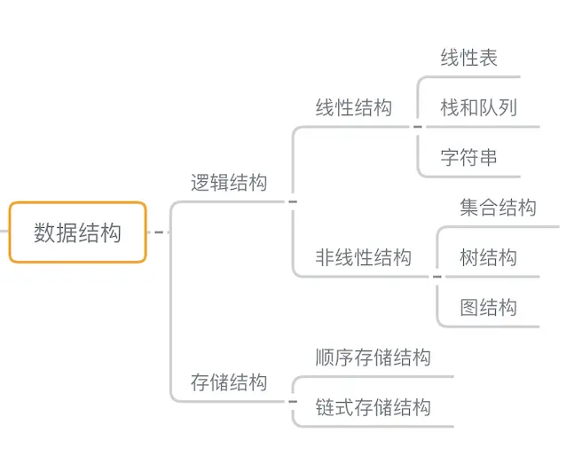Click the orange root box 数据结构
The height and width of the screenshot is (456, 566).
point(77,232)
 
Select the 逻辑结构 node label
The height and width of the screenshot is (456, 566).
point(229,183)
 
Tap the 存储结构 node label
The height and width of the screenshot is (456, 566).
point(229,382)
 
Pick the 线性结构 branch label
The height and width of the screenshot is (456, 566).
point(354,108)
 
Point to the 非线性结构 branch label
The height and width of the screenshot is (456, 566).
point(364,257)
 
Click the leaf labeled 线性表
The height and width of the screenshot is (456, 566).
point(469,59)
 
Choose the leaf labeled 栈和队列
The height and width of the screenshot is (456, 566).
point(479,108)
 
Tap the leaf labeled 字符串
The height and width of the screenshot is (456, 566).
point(469,158)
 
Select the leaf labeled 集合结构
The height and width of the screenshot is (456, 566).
point(499,208)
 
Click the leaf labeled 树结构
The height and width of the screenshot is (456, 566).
point(489,257)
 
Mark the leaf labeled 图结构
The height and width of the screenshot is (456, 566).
point(489,308)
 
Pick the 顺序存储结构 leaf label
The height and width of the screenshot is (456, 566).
point(373,358)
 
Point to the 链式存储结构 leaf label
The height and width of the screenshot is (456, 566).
point(373,407)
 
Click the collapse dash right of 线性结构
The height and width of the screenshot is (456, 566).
point(418,127)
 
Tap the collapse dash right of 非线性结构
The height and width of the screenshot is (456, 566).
point(436,277)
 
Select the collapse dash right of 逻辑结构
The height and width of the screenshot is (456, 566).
point(293,201)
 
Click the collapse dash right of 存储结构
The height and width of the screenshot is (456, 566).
point(293,402)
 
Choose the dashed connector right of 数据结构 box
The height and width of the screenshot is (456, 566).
point(158,232)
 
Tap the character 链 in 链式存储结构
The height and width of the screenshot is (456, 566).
point(325,407)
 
